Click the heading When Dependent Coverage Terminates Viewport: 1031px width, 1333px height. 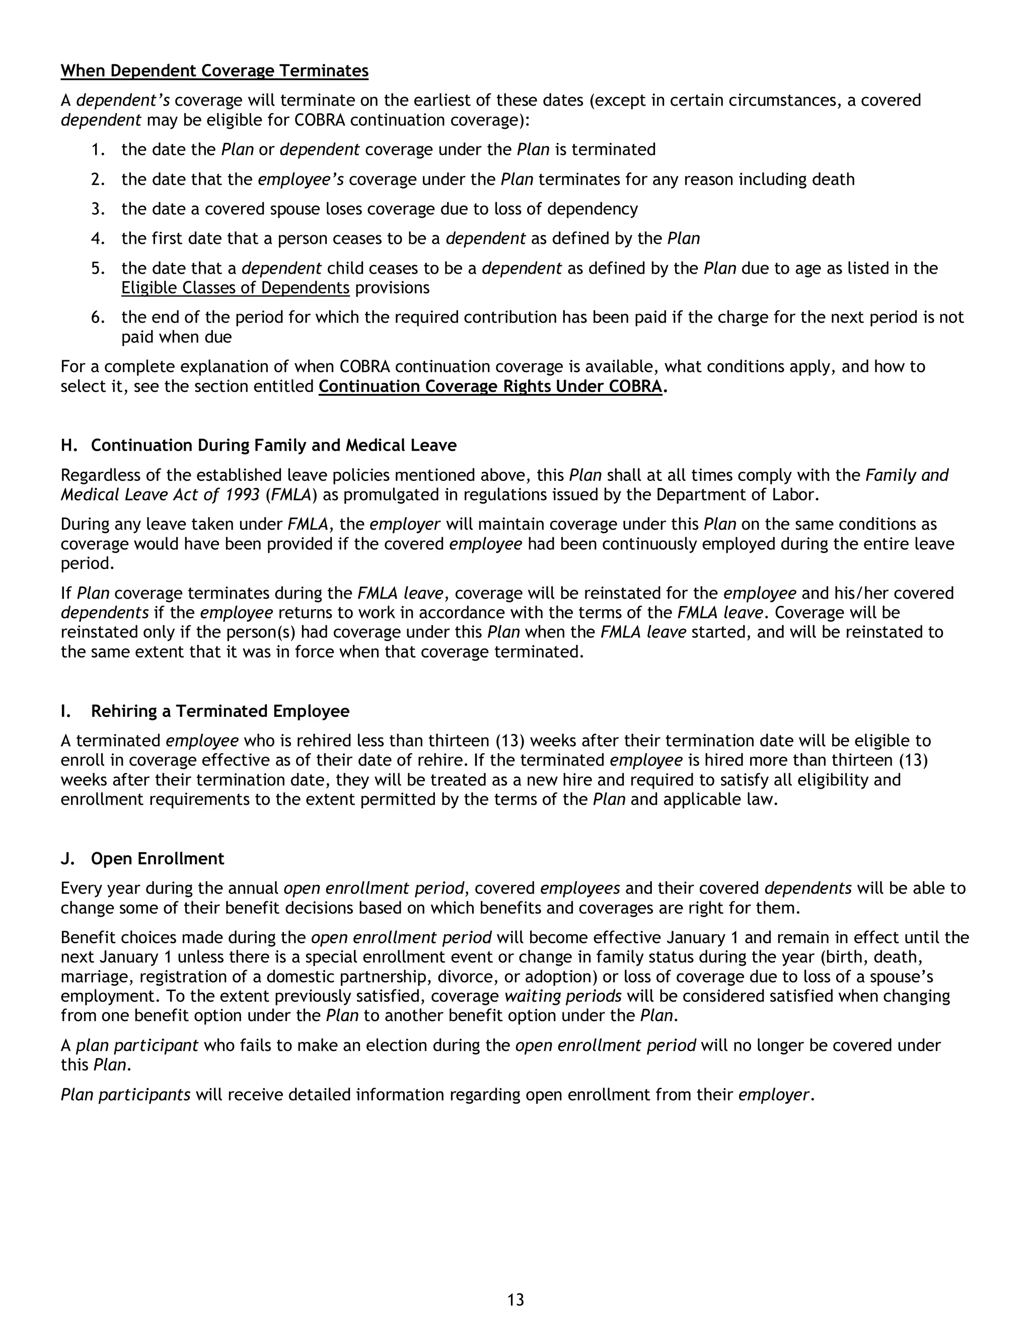tap(214, 71)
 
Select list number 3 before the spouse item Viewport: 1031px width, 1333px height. tap(98, 209)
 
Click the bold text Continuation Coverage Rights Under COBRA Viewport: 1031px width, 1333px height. tap(490, 386)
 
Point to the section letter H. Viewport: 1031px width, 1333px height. tap(68, 445)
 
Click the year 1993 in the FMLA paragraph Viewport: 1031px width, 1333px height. tap(242, 494)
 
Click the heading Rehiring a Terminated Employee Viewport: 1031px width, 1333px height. tap(220, 711)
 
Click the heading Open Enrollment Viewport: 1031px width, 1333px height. tap(158, 858)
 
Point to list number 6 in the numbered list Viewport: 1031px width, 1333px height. tap(98, 317)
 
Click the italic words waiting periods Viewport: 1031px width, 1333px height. tap(562, 996)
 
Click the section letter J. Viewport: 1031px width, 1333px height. tap(66, 858)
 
